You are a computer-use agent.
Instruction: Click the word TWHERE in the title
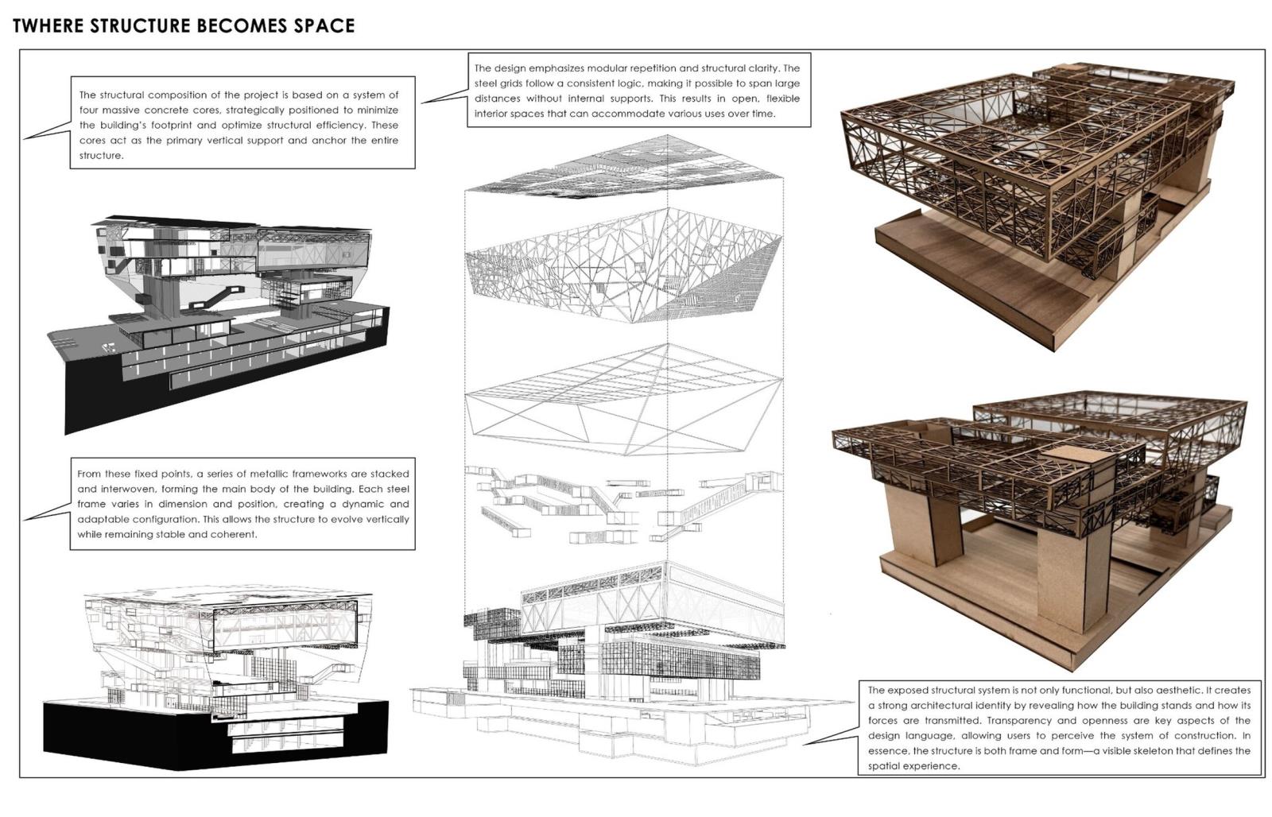(48, 25)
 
